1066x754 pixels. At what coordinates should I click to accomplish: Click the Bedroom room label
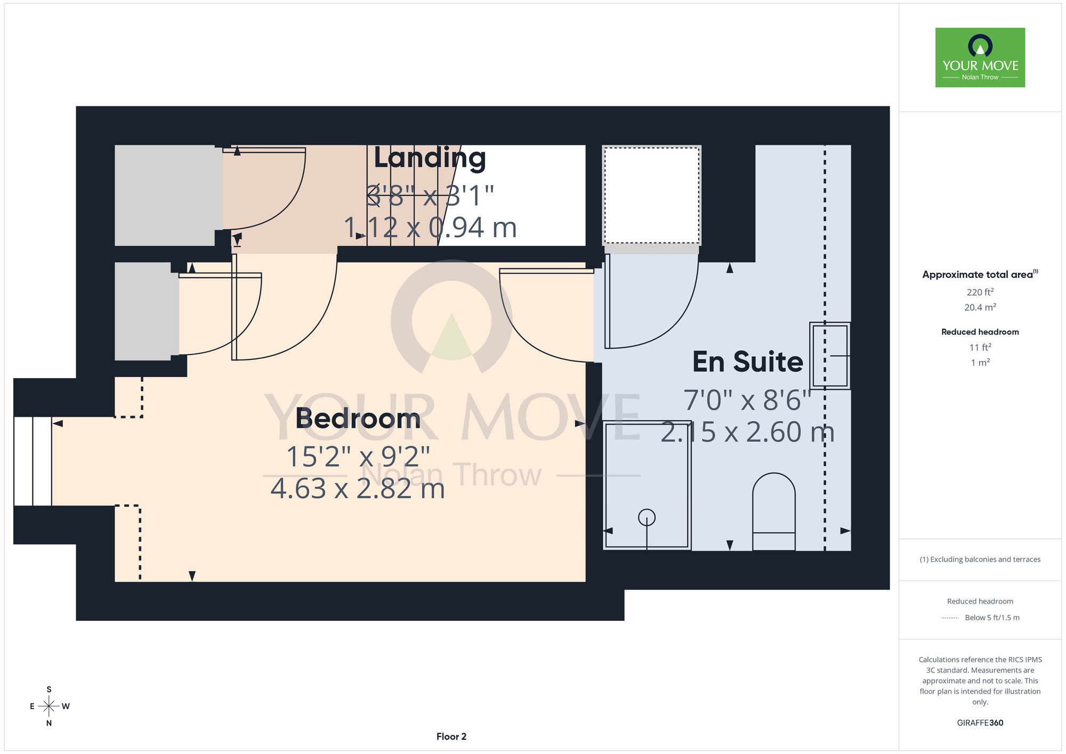coord(358,418)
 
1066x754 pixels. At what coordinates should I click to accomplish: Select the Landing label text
coord(430,158)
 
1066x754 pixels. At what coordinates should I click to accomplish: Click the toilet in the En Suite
coord(774,511)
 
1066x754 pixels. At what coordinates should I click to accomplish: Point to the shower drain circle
coord(647,517)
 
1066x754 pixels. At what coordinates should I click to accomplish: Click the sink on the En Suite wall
coord(830,356)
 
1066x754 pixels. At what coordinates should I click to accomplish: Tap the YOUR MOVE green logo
coord(980,58)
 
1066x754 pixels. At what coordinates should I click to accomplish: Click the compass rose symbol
coord(49,707)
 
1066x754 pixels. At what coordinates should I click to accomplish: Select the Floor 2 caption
coord(451,736)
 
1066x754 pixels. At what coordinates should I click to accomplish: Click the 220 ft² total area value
coord(980,292)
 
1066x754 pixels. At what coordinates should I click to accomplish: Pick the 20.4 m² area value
coord(980,307)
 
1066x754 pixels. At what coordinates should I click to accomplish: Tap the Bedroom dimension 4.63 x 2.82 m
coord(358,488)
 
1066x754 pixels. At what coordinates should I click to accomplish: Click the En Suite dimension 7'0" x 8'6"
coord(747,400)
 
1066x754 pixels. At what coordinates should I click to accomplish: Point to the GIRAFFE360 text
coord(980,723)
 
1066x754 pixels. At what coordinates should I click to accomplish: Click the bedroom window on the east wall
coord(33,461)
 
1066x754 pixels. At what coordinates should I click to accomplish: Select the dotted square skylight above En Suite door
coord(651,195)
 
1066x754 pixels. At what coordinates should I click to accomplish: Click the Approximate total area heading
coord(980,274)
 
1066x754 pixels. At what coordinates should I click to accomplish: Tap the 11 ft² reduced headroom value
coord(980,347)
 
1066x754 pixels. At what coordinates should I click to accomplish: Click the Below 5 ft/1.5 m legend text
coord(992,617)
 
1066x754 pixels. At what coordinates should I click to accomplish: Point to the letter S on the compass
coord(49,689)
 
